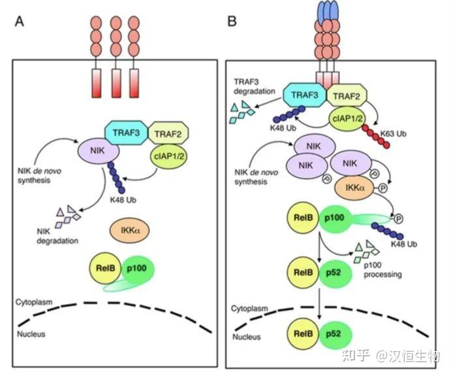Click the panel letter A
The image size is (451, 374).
(x=20, y=21)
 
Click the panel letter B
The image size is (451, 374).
(x=232, y=21)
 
